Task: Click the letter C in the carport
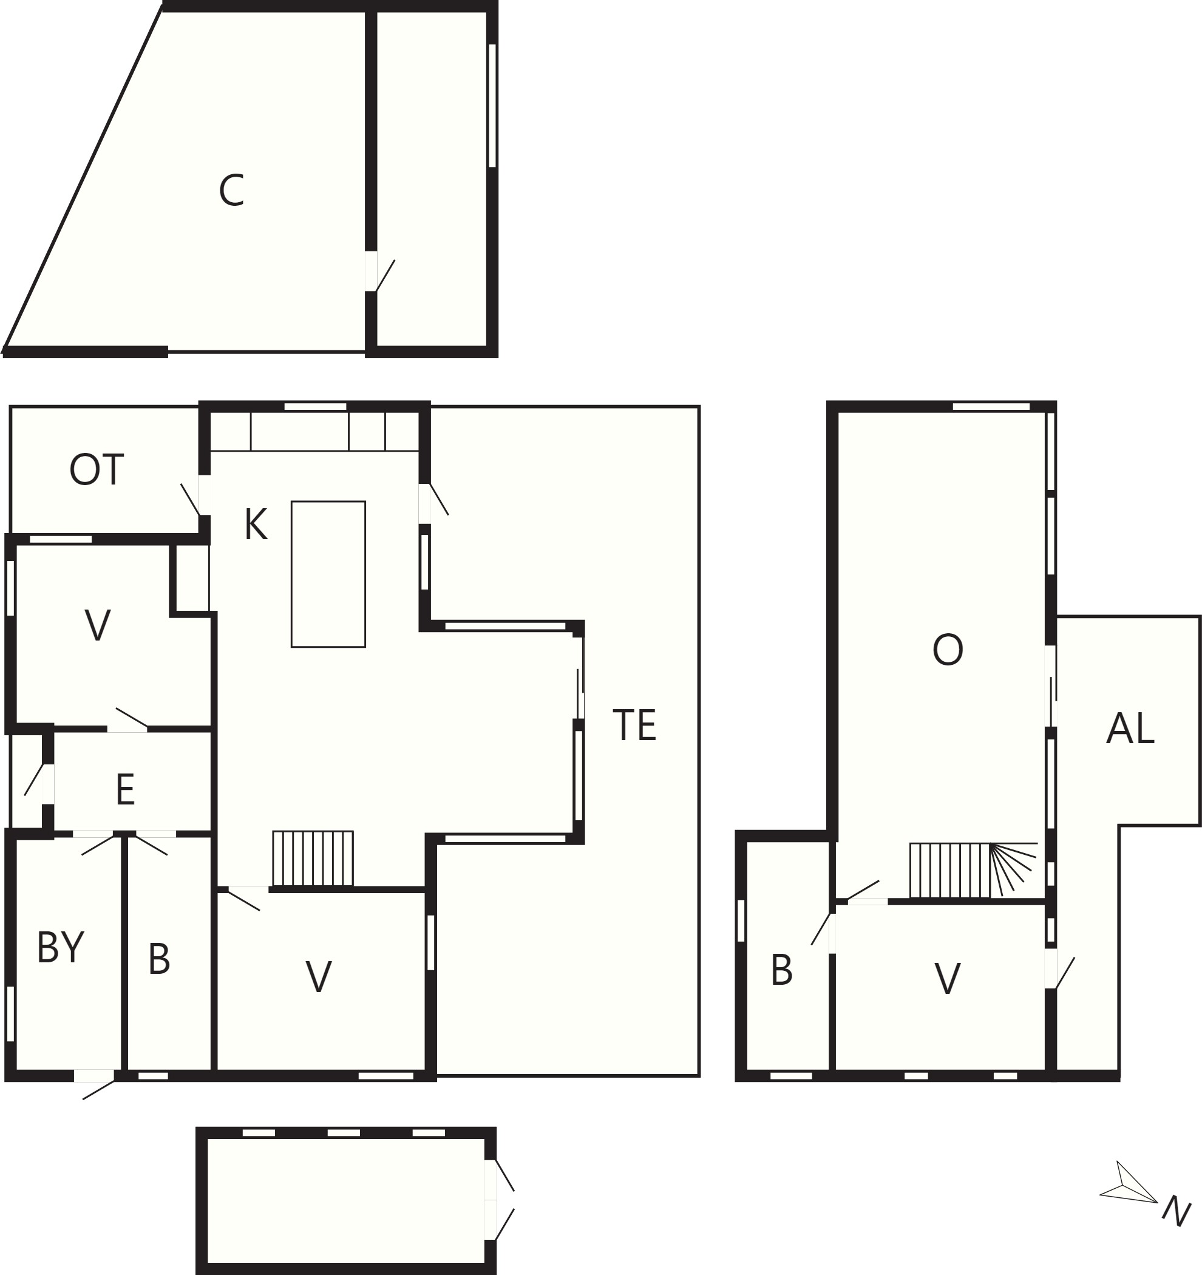point(231,191)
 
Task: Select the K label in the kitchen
point(256,525)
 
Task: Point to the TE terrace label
point(634,726)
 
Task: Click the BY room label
point(61,947)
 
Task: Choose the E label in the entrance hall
point(125,789)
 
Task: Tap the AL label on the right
point(1130,729)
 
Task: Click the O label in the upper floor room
point(948,650)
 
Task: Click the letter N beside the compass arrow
point(1177,1211)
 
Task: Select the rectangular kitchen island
point(328,574)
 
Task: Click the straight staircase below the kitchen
point(313,858)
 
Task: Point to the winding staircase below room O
point(973,870)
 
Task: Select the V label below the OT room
point(98,625)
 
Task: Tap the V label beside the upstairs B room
point(948,979)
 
